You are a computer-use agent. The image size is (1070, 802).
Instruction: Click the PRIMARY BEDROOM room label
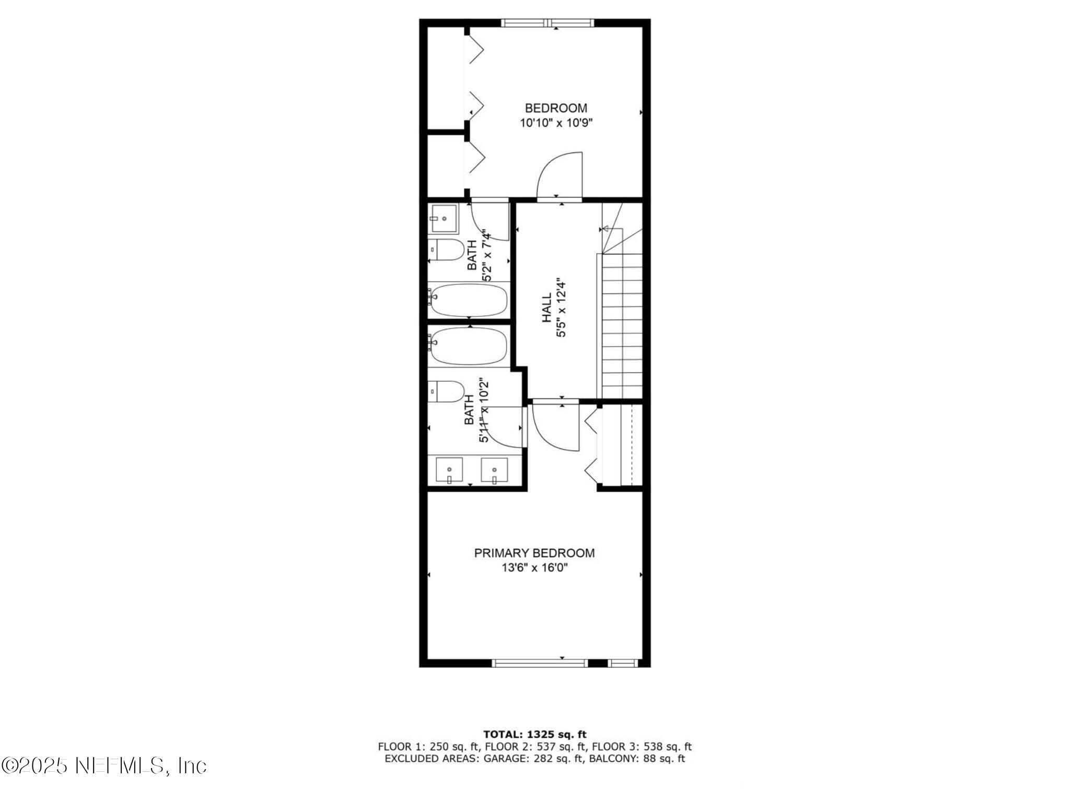(534, 553)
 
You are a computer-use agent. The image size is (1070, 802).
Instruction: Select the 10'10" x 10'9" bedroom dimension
(556, 123)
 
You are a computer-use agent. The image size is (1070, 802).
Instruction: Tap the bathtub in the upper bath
(469, 300)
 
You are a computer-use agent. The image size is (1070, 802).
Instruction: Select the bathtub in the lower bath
(469, 346)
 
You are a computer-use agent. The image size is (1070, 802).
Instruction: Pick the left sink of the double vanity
(449, 470)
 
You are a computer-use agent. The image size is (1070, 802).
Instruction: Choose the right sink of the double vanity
(494, 470)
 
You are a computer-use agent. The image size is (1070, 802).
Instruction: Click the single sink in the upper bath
(444, 219)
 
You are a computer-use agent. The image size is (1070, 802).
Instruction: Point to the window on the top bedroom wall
(547, 23)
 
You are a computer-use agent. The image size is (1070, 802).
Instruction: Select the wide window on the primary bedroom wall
(540, 663)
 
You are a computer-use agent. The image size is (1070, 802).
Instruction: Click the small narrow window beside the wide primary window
(624, 663)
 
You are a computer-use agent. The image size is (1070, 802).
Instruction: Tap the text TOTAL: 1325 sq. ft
(534, 735)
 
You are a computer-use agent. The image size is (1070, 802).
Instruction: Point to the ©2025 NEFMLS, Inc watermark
(104, 766)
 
